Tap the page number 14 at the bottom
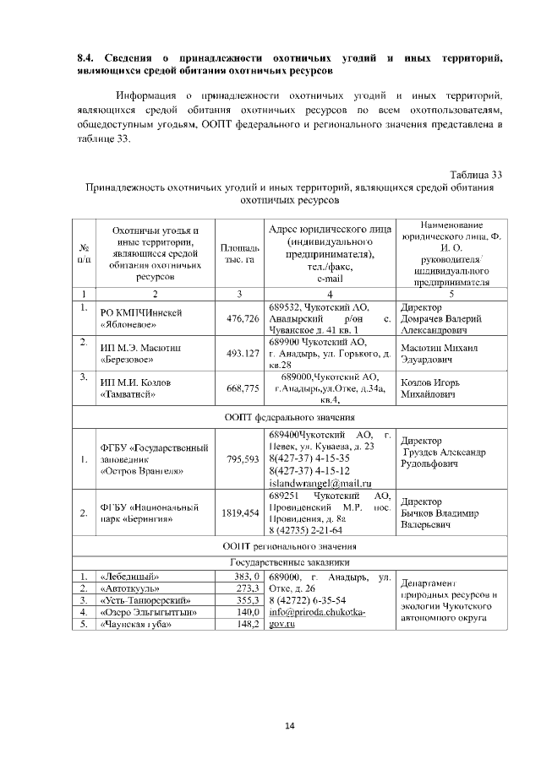tap(287, 725)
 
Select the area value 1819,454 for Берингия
tap(240, 512)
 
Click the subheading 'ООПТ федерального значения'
tap(287, 416)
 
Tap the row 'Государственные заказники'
tap(287, 561)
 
